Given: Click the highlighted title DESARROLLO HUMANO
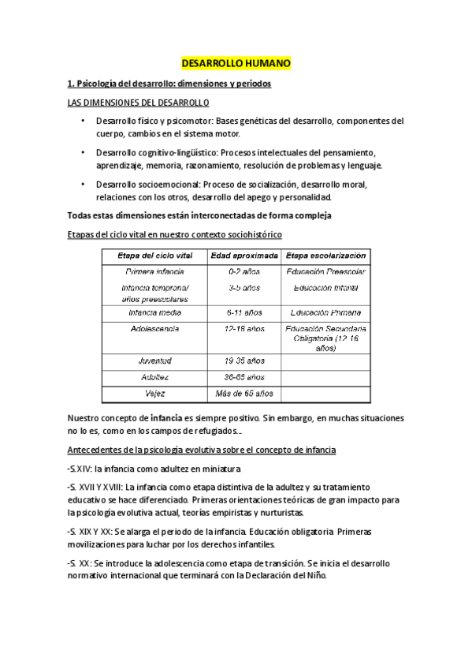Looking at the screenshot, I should coord(236,62).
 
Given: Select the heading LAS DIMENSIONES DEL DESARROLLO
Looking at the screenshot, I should coord(137,103).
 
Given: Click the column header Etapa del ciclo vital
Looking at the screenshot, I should coord(154,256).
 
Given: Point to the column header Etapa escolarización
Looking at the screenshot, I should coord(325,256).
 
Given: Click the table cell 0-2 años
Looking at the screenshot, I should coord(243,272).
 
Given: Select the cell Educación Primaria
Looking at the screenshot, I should coord(325,312).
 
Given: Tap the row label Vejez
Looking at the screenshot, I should coord(154,393).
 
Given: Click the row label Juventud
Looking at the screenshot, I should coord(154,361).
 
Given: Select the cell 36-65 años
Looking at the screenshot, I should coord(243,377).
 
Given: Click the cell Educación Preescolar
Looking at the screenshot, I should coord(325,272).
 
